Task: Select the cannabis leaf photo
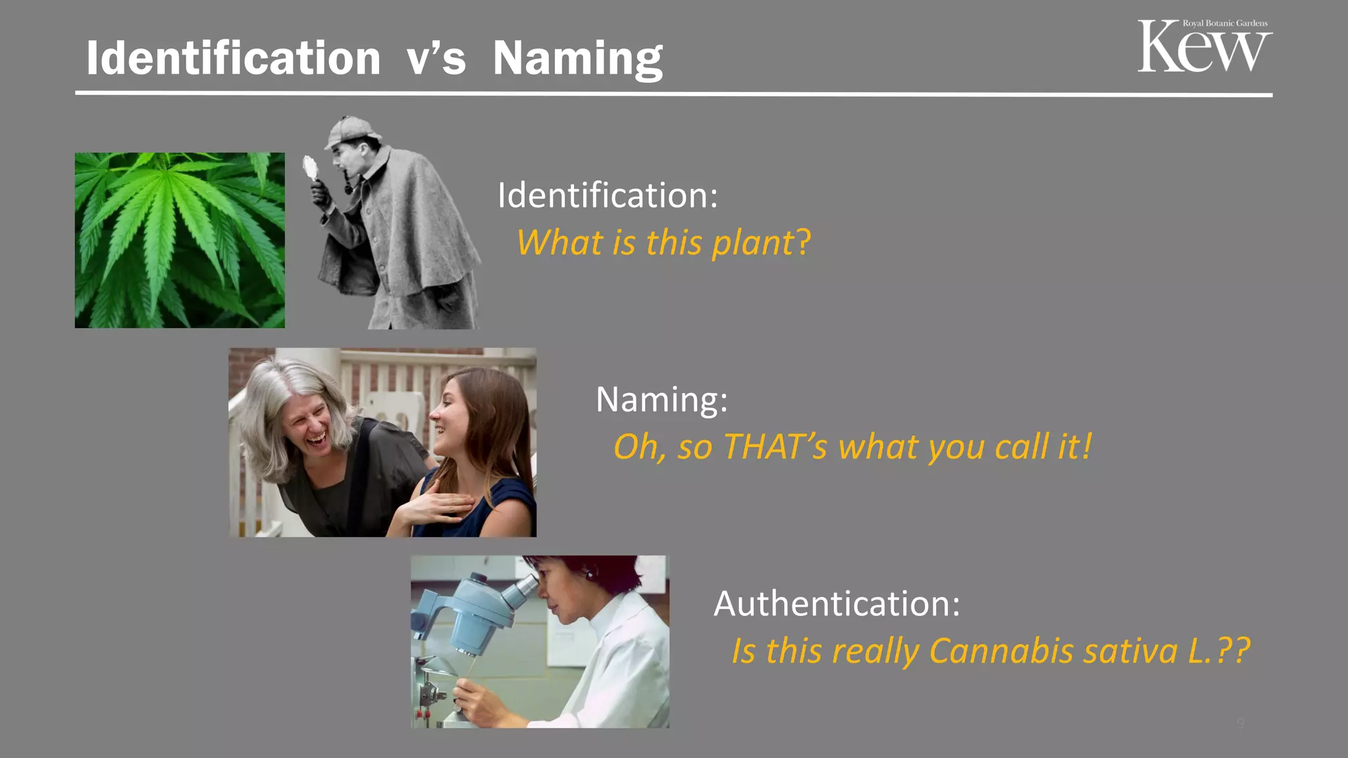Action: click(180, 240)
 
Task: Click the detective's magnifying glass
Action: click(310, 168)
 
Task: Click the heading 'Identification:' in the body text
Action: click(607, 195)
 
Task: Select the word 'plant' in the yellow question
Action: click(753, 243)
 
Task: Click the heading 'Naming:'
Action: click(661, 399)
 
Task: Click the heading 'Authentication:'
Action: click(837, 603)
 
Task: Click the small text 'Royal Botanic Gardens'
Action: click(1225, 23)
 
